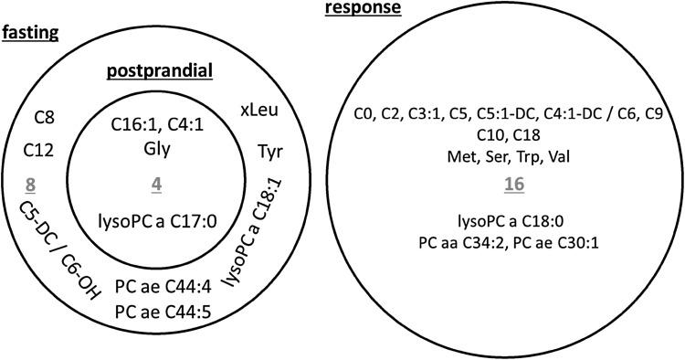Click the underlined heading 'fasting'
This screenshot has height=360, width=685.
click(30, 33)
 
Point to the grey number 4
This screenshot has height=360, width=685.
click(156, 184)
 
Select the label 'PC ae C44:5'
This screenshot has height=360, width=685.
click(158, 314)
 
